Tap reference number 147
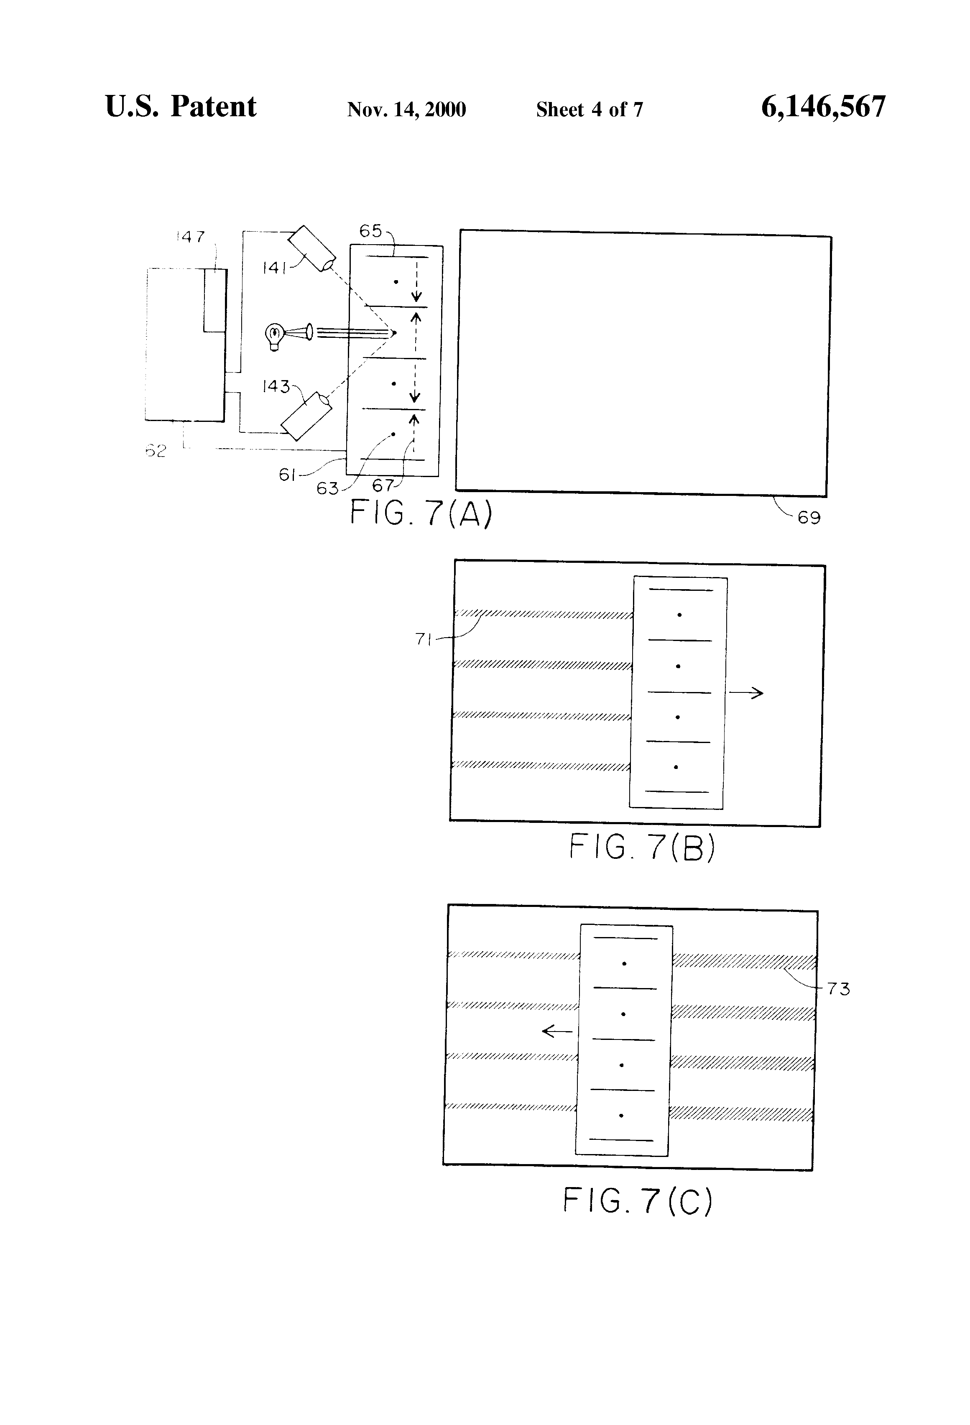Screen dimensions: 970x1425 coord(191,237)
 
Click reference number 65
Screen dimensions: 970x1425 coord(370,231)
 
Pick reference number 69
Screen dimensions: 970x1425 coord(809,518)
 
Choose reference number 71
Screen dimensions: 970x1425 coord(424,639)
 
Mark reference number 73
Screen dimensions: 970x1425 coord(838,989)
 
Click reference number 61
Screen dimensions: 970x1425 coord(288,475)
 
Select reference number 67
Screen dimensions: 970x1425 coord(383,485)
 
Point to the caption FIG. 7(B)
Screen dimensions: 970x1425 coord(642,848)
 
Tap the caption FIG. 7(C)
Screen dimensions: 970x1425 coord(638,1200)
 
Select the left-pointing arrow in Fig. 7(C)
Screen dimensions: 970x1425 coord(557,1032)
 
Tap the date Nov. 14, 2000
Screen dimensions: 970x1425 coord(406,110)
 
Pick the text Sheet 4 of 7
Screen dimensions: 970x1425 coord(589,110)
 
